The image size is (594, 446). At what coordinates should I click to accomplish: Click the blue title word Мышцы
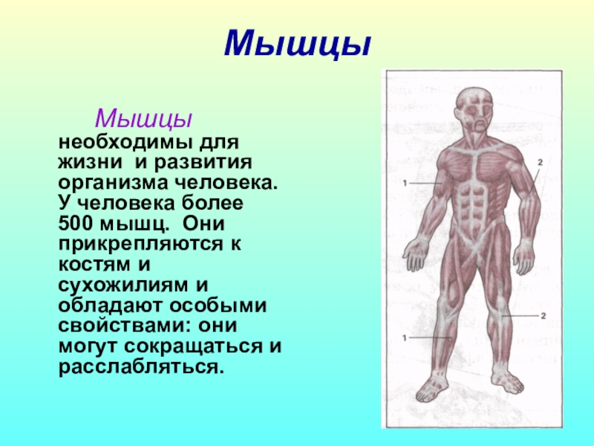(297, 45)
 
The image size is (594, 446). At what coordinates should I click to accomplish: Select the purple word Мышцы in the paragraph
(143, 119)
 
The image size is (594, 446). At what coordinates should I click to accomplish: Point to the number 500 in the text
(76, 224)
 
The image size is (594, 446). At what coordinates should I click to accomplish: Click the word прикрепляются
(140, 245)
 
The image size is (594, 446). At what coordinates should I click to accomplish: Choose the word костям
(88, 265)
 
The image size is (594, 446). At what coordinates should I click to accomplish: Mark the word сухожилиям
(123, 285)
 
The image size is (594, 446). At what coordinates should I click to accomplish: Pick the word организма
(114, 184)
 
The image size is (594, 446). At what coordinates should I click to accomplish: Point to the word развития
(203, 163)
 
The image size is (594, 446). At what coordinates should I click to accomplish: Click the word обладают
(111, 306)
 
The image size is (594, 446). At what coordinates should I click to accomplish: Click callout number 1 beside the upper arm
(405, 183)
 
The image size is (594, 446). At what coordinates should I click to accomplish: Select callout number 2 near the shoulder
(541, 163)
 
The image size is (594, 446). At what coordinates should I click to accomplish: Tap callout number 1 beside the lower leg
(405, 337)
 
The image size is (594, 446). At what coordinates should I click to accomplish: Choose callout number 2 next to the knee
(544, 315)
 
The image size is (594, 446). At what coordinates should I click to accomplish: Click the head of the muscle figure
(474, 110)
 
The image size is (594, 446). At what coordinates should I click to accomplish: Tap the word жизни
(90, 163)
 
